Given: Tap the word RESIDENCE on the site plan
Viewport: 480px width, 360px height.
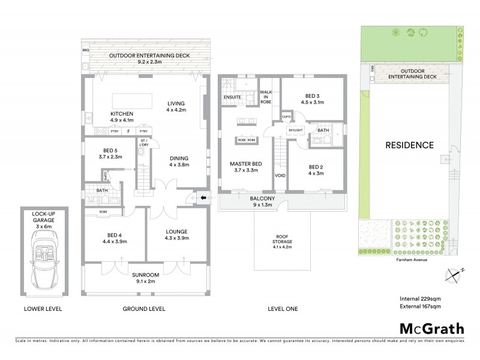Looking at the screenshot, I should [x=409, y=145].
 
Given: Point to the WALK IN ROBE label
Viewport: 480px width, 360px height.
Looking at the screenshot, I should [x=266, y=97].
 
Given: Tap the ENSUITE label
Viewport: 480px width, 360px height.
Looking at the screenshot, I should [x=232, y=97].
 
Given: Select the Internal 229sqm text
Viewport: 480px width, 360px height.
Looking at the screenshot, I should [x=421, y=298].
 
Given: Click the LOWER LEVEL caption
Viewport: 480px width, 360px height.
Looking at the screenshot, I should [x=43, y=309].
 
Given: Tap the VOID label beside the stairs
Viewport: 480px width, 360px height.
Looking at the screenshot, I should [x=280, y=176].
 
